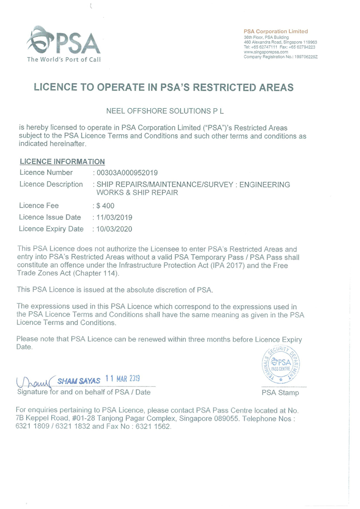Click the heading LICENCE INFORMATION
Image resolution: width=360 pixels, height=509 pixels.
[x=62, y=162]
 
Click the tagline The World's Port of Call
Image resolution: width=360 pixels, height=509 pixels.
[x=64, y=59]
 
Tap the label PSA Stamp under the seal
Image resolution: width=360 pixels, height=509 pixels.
[x=280, y=393]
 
